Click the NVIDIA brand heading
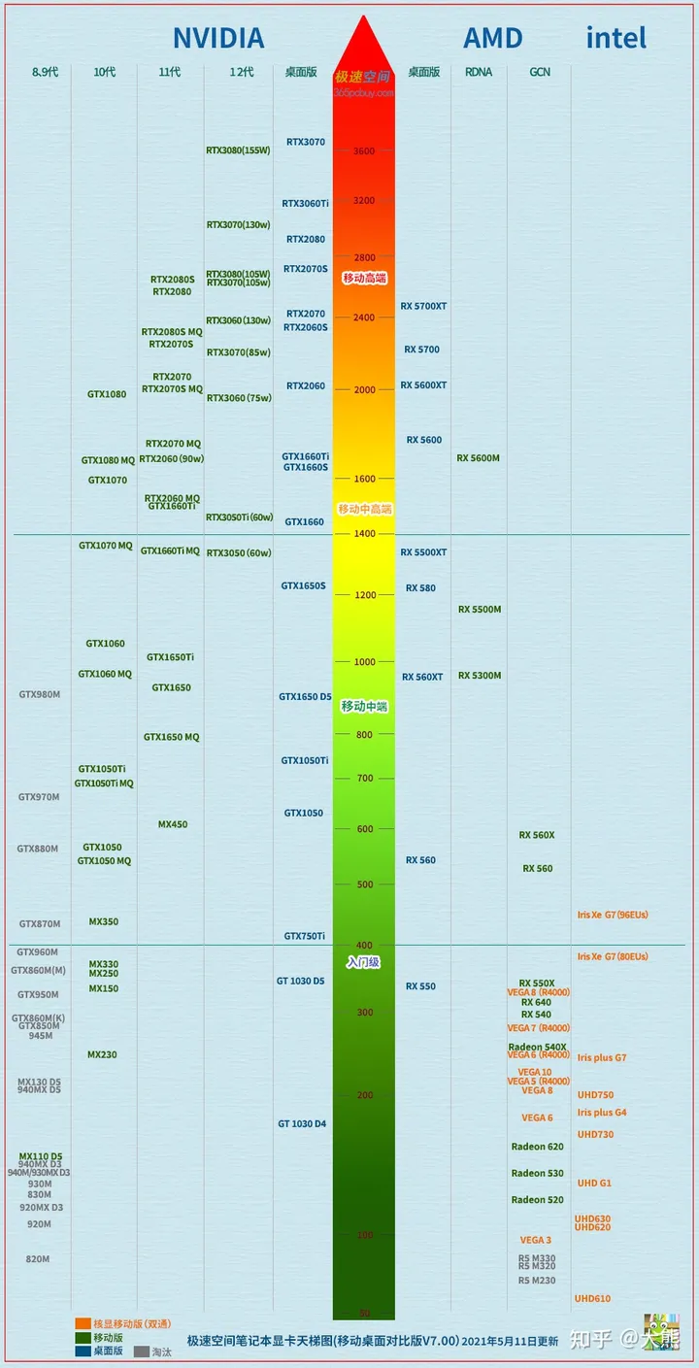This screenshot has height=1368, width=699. pos(218,38)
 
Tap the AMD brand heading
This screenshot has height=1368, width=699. pos(492,38)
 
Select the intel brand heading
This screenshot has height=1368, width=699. pos(616,38)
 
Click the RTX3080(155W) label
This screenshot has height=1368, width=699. pos(238,150)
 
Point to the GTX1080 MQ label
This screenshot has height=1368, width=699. pos(108,460)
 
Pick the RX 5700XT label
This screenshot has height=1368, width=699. pos(423,306)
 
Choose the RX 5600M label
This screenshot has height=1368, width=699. pos(479,457)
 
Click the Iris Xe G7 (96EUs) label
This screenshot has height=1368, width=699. pos(613,915)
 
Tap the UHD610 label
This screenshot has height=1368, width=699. pos(592,1298)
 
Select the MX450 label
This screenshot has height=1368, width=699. pos(173,824)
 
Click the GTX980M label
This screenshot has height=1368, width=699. pos(39,694)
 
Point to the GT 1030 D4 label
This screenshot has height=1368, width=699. pos(302,1123)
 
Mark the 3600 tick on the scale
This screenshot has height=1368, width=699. pos(364,151)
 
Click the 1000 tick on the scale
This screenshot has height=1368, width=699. pos(364,662)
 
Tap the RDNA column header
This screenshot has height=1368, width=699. pos(479,72)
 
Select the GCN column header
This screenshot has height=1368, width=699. pos(540,72)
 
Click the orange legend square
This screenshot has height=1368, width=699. pos(83,1323)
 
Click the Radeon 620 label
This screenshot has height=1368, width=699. pos(537,1147)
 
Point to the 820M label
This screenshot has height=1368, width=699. pos(38,1259)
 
